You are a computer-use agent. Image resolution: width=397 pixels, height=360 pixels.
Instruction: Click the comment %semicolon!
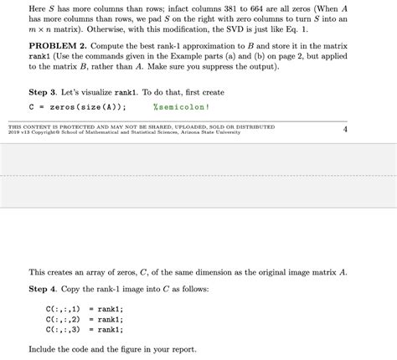181,107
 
